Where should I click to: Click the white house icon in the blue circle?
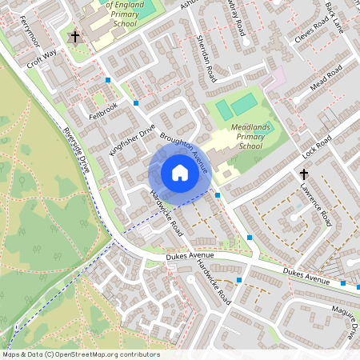pyautogui.click(x=180, y=172)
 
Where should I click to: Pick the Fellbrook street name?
pyautogui.click(x=103, y=106)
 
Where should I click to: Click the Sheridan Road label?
pyautogui.click(x=206, y=60)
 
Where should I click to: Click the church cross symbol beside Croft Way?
pyautogui.click(x=75, y=37)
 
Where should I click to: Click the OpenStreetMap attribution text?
pyautogui.click(x=80, y=354)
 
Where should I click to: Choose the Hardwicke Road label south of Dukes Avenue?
pyautogui.click(x=214, y=284)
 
